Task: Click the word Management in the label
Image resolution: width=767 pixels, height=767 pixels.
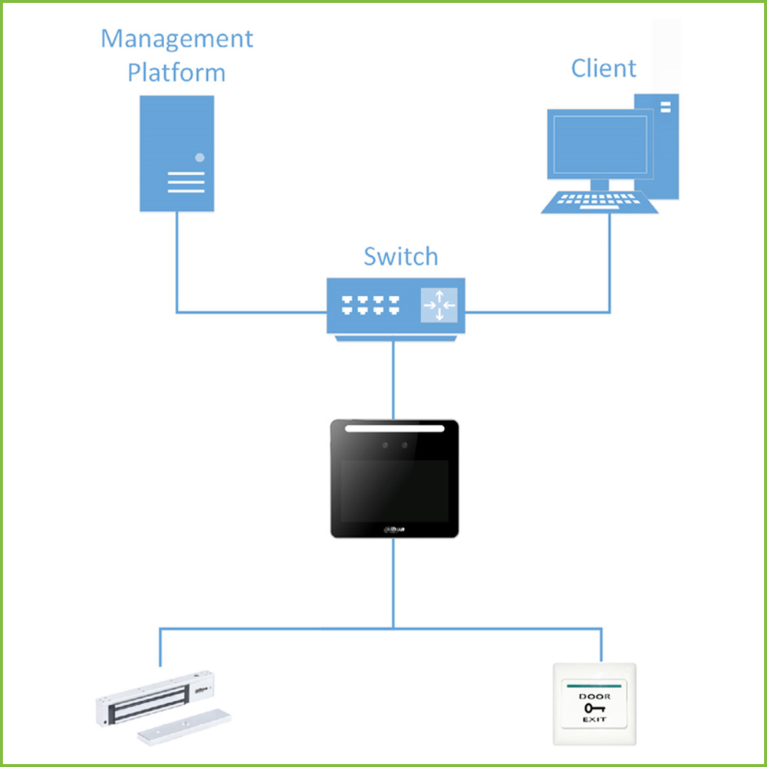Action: pos(176,39)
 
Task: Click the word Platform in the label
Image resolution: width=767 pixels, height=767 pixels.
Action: pos(176,73)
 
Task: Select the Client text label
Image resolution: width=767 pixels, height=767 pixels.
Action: pos(604,68)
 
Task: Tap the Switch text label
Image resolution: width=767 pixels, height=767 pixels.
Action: pos(400,256)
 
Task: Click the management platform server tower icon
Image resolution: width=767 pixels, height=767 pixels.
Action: pos(176,153)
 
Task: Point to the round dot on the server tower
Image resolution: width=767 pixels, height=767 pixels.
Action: pos(200,157)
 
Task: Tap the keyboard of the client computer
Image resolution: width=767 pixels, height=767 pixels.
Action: pos(599,202)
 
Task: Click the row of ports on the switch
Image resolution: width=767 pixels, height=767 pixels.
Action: pos(373,305)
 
